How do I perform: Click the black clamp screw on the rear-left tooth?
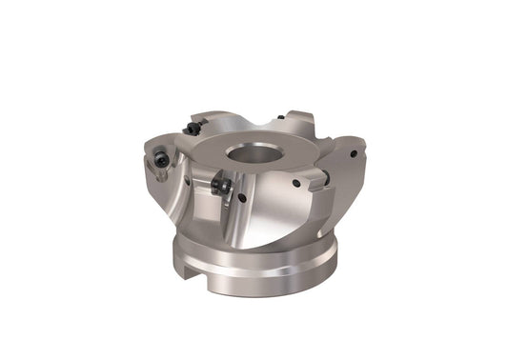coord(193,127)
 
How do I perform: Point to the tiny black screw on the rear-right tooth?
coord(280,118)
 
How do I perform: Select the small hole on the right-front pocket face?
coord(296,182)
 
